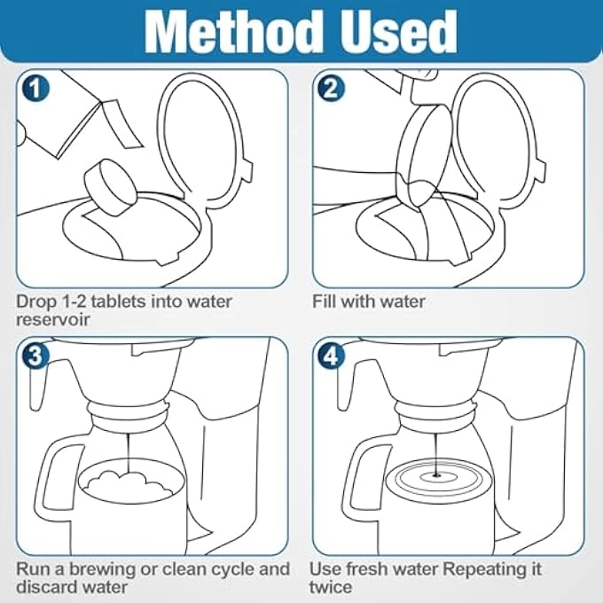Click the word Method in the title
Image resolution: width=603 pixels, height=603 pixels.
click(x=234, y=32)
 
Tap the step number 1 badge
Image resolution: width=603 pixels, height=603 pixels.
click(x=35, y=88)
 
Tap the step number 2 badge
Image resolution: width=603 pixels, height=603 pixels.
click(x=332, y=88)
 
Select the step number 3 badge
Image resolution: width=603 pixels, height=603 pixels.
click(x=35, y=356)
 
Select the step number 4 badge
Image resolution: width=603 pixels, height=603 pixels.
click(x=332, y=356)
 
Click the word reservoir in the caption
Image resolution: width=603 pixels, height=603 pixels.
click(x=52, y=320)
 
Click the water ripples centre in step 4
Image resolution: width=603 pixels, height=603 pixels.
click(x=436, y=476)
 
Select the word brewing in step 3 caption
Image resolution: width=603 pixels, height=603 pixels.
click(x=103, y=570)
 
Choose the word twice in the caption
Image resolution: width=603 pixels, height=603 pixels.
click(x=331, y=588)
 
